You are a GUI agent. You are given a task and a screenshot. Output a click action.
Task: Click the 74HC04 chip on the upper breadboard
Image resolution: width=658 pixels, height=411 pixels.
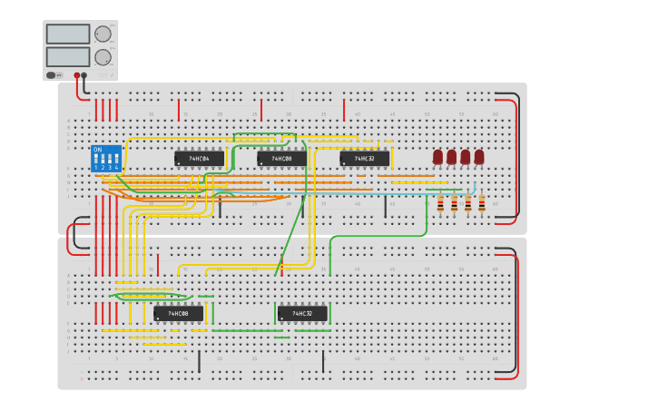[x=199, y=158]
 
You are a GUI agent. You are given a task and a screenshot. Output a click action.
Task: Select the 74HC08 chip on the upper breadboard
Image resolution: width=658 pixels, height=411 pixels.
[x=281, y=158]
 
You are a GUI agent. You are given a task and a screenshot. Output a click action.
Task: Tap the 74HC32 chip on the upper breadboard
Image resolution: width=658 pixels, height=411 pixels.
[x=364, y=158]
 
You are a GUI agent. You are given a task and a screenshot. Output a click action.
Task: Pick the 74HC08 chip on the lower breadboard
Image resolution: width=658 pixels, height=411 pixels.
[x=178, y=314]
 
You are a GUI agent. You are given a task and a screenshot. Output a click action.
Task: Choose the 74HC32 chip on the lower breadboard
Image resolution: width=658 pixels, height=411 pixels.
[x=301, y=314]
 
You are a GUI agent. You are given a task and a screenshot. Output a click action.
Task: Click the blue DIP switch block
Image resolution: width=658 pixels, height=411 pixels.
[x=106, y=159]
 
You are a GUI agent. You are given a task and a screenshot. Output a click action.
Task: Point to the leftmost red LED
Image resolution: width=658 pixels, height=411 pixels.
[x=437, y=157]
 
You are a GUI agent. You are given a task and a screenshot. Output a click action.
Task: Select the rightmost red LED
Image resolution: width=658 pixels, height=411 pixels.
[x=479, y=157]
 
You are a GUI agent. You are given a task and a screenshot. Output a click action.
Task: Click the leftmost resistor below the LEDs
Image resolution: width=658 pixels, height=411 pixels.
[x=440, y=205]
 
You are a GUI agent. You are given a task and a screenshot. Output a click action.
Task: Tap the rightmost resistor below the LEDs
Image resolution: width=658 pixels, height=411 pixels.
[x=482, y=205]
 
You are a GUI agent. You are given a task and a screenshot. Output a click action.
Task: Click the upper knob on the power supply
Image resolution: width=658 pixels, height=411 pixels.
[x=103, y=34]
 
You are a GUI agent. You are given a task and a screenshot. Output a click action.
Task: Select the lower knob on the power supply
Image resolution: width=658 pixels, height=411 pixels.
[x=103, y=57]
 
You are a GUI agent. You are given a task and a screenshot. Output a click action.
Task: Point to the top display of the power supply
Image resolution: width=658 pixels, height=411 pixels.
[x=67, y=34]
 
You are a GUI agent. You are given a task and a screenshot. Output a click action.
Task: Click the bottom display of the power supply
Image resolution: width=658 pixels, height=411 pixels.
[x=67, y=56]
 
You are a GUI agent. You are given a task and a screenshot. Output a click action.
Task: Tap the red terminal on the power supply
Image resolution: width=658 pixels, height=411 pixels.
[x=76, y=76]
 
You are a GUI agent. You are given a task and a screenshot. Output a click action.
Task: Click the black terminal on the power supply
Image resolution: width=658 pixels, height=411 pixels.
[x=84, y=76]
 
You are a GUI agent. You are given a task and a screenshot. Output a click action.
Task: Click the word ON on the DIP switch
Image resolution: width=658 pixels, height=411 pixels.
[x=97, y=150]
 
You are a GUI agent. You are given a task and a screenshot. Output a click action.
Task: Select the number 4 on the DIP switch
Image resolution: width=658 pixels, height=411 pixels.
[x=117, y=168]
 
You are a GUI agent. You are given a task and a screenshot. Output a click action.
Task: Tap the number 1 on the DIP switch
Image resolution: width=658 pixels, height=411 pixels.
[x=95, y=168]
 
